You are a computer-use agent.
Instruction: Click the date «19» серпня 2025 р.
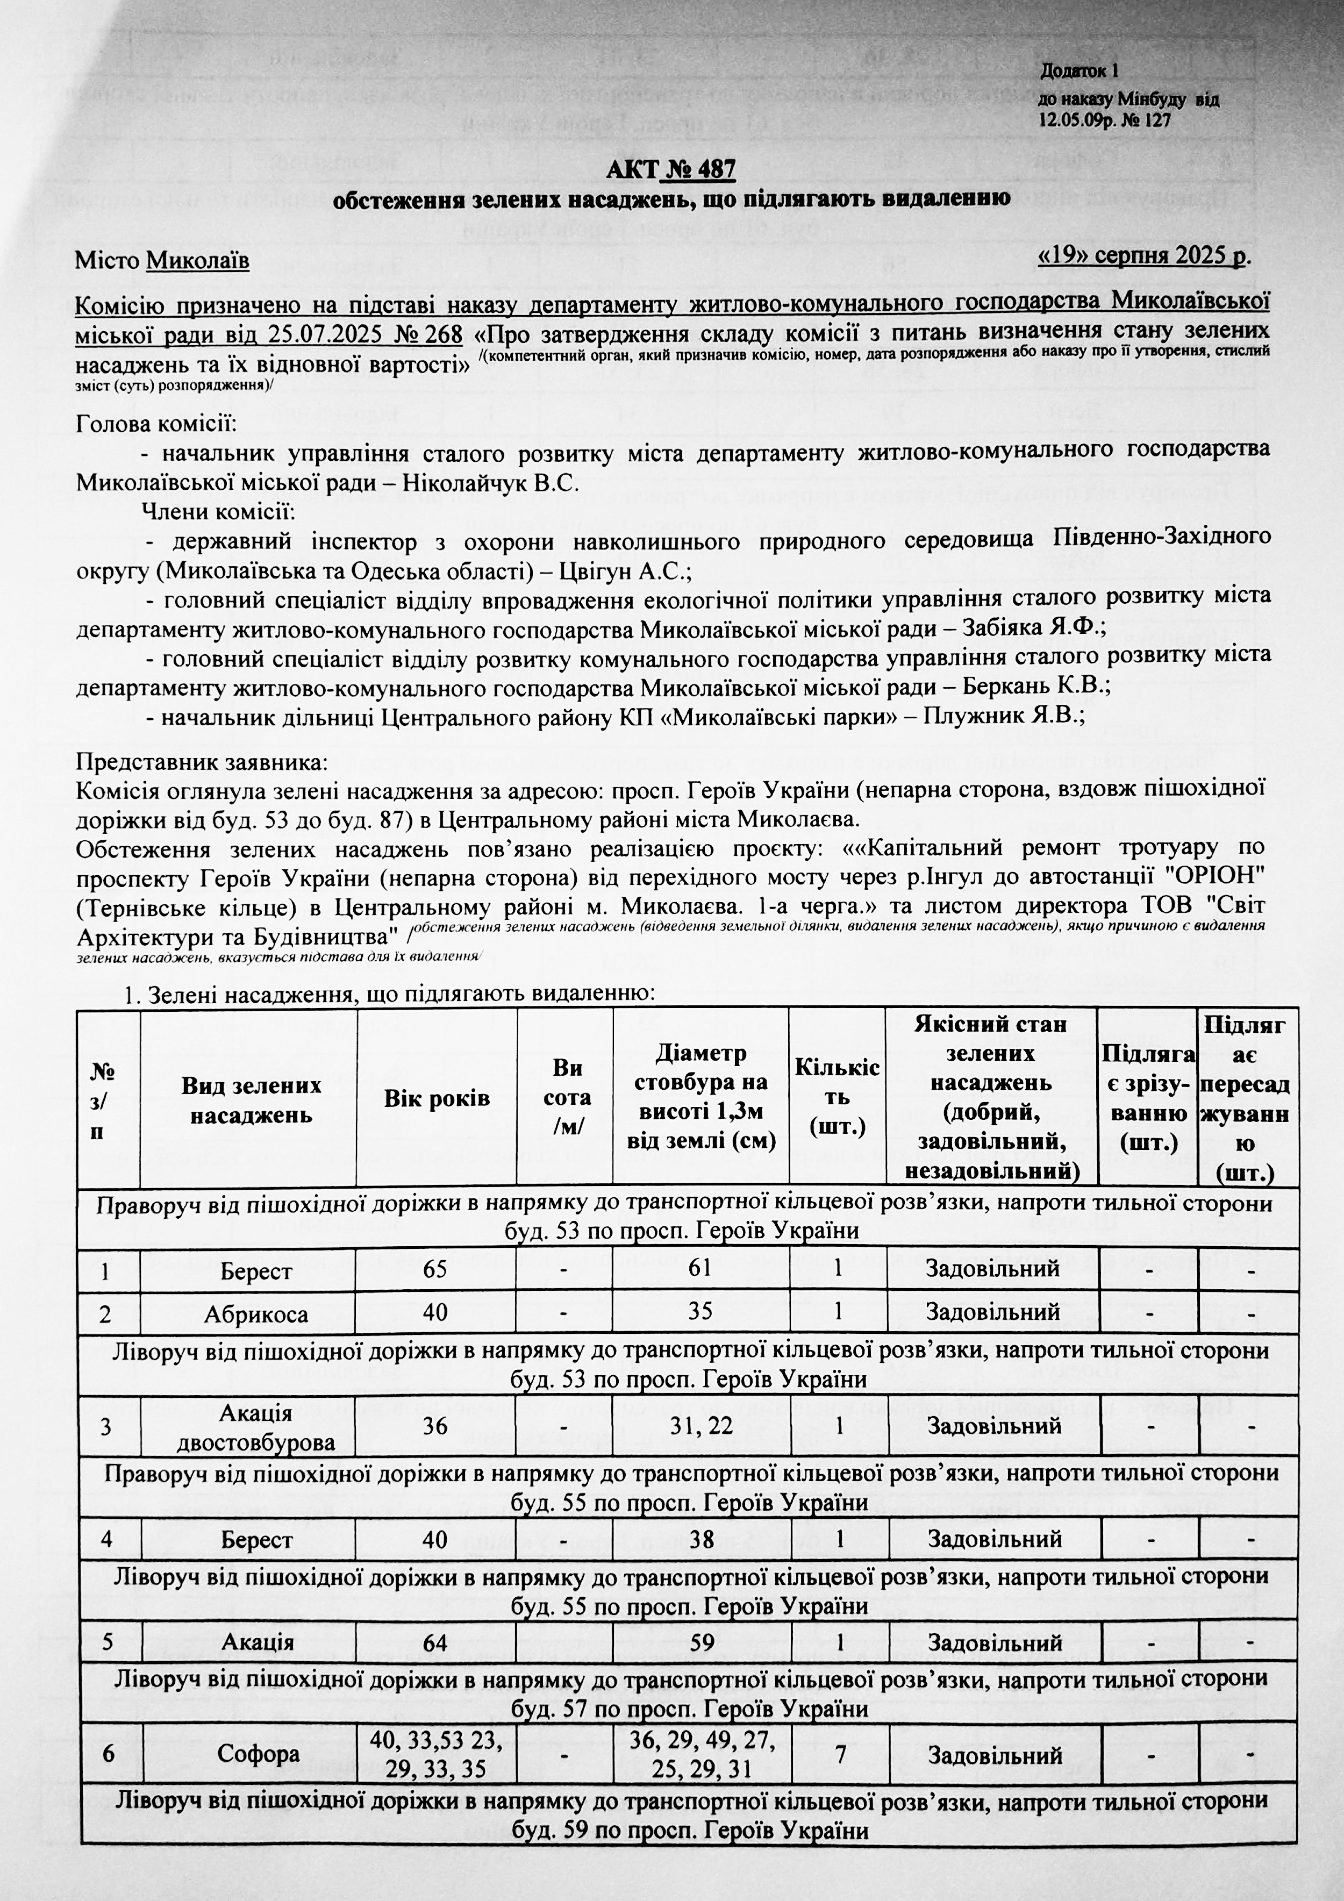(1143, 256)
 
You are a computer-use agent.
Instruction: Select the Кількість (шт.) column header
(837, 1097)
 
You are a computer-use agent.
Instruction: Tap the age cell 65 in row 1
(435, 1268)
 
